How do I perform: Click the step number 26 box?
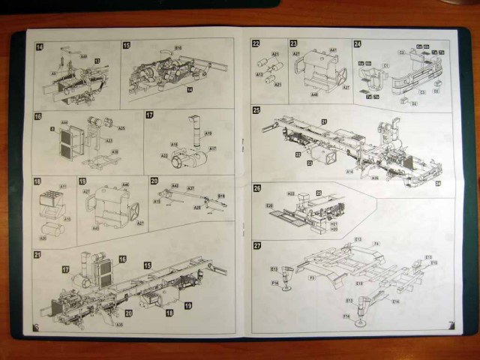(x=256, y=188)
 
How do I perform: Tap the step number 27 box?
(x=256, y=245)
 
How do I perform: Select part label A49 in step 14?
(x=83, y=55)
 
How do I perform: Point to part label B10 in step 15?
(x=178, y=48)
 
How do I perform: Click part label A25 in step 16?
(x=121, y=128)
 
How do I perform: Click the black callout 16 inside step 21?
(x=121, y=259)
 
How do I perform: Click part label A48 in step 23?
(x=313, y=95)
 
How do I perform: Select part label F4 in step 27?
(x=376, y=244)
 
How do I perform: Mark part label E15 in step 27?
(x=433, y=262)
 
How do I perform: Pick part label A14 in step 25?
(x=349, y=171)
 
